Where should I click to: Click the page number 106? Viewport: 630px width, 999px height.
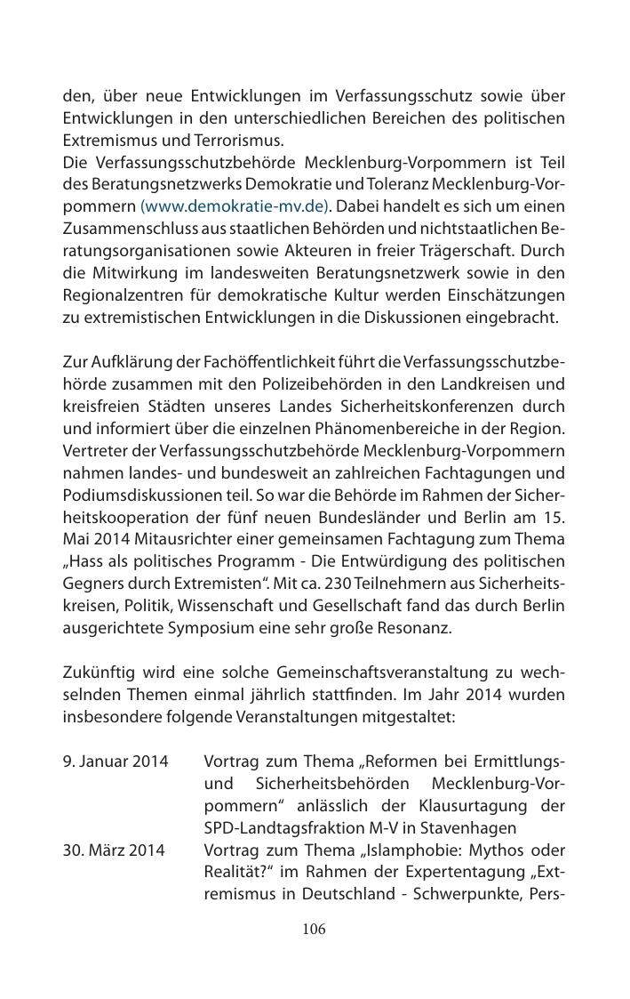tap(314, 930)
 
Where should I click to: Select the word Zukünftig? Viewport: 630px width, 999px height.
tap(96, 673)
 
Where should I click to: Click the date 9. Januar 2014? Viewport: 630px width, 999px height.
tap(116, 763)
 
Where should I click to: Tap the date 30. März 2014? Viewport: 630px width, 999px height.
tap(114, 850)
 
